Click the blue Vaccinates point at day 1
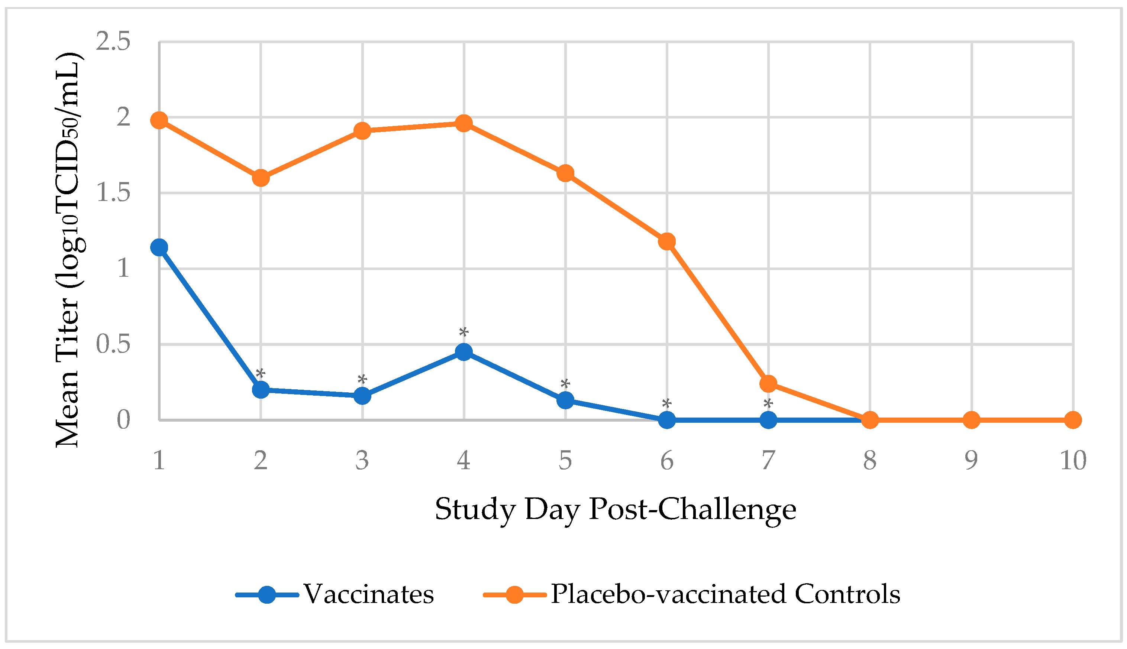(159, 247)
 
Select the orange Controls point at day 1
(159, 120)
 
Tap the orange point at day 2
(261, 178)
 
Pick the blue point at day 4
(464, 352)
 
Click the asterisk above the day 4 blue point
(464, 332)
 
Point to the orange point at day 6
(667, 241)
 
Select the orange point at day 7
(768, 383)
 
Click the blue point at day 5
(565, 400)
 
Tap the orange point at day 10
(1073, 420)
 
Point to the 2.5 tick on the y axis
(113, 42)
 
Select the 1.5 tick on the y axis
(113, 193)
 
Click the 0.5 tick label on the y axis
(113, 344)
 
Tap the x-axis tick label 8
(870, 460)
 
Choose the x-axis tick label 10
(1073, 460)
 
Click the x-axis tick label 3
(362, 460)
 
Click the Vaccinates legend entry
(368, 594)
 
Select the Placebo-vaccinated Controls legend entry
(726, 594)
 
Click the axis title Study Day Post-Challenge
(616, 509)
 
